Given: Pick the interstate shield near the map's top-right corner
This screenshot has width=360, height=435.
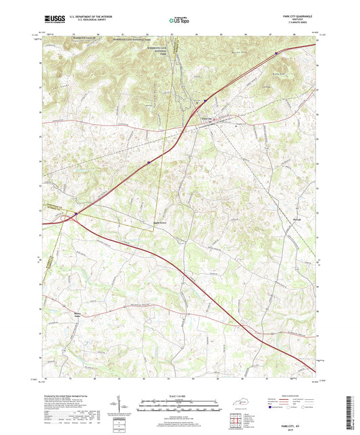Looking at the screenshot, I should (276, 49).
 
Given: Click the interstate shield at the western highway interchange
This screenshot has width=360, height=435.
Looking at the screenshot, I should (76, 214).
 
